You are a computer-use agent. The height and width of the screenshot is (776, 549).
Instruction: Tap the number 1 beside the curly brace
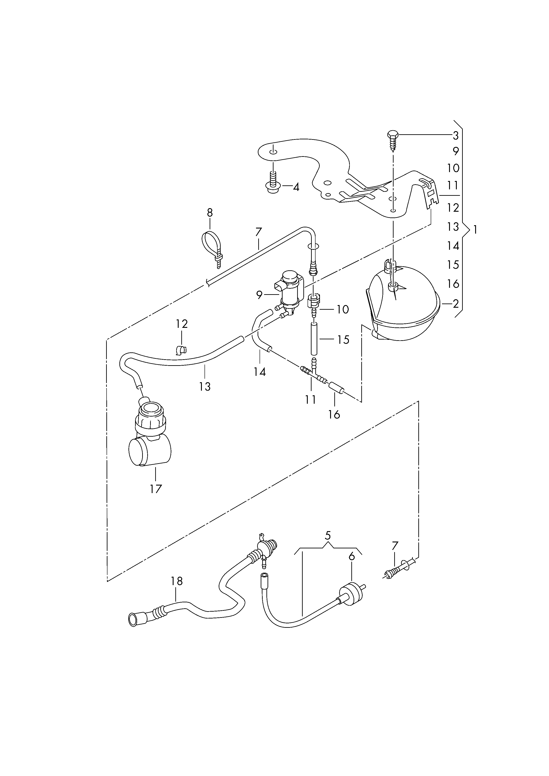point(475,230)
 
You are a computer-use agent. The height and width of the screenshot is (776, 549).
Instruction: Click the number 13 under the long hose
point(205,386)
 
